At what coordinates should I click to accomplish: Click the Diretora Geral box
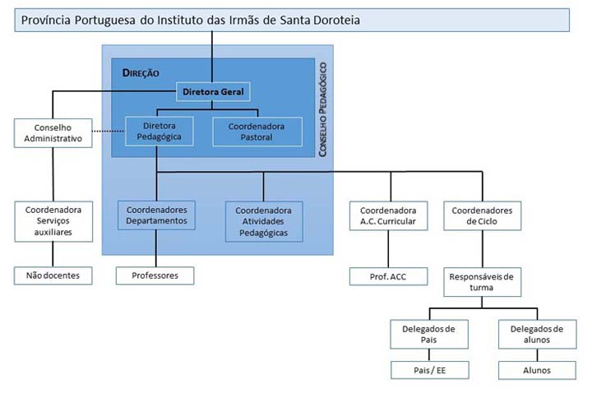(212, 91)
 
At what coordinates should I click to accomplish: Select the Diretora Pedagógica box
(159, 131)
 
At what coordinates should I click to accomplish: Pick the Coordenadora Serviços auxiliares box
(53, 221)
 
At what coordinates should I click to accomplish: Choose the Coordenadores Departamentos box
(156, 215)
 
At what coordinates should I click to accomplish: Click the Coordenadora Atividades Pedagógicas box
(264, 221)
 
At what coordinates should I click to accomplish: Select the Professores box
(155, 275)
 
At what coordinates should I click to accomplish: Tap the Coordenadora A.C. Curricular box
(388, 216)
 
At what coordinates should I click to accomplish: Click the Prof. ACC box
(388, 276)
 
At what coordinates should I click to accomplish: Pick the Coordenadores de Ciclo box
(482, 216)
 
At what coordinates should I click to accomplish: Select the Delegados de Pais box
(429, 335)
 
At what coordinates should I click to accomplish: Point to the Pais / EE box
(429, 370)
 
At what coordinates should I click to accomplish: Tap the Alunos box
(537, 370)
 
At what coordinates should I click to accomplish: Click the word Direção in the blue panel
(140, 72)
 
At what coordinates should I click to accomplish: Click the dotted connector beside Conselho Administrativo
(108, 132)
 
